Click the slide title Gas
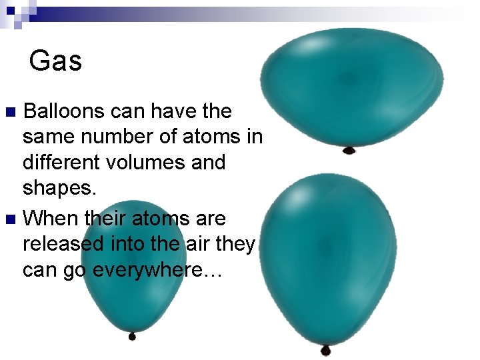point(56,61)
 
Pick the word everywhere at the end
point(159,270)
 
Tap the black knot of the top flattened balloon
point(349,150)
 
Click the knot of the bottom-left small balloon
point(132,336)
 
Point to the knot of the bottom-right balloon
point(325,349)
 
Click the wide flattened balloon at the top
point(351,87)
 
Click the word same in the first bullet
point(48,137)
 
